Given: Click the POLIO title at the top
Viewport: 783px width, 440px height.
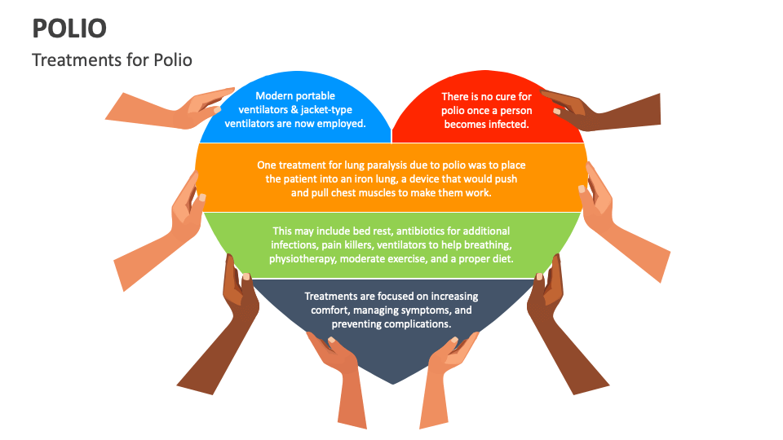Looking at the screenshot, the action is pos(69,29).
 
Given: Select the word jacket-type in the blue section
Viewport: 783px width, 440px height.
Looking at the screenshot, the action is pos(326,110).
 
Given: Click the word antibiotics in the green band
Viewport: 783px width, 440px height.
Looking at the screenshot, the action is pos(420,231).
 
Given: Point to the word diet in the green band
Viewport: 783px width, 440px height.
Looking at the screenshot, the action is pos(503,259).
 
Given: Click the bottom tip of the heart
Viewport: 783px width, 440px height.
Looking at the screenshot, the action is pos(392,384).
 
